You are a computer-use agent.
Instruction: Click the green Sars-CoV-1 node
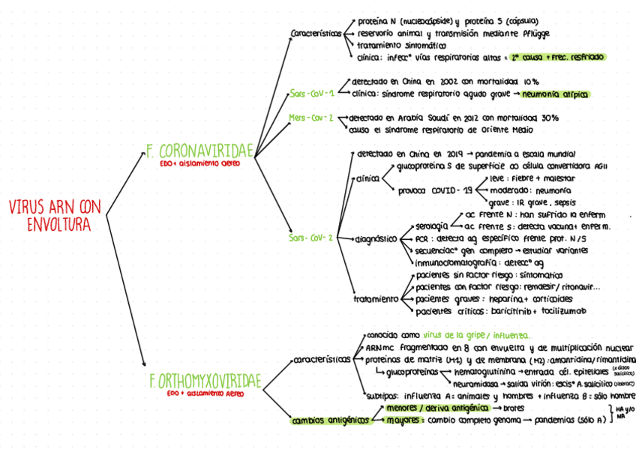click(x=312, y=94)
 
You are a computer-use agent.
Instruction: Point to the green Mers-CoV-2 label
click(x=311, y=118)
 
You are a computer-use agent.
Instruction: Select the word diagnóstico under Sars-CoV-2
click(x=376, y=238)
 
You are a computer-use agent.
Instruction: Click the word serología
click(x=431, y=226)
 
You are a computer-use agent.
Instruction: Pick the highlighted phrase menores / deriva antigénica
click(x=433, y=408)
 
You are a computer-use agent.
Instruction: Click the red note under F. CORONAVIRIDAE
click(x=200, y=163)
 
